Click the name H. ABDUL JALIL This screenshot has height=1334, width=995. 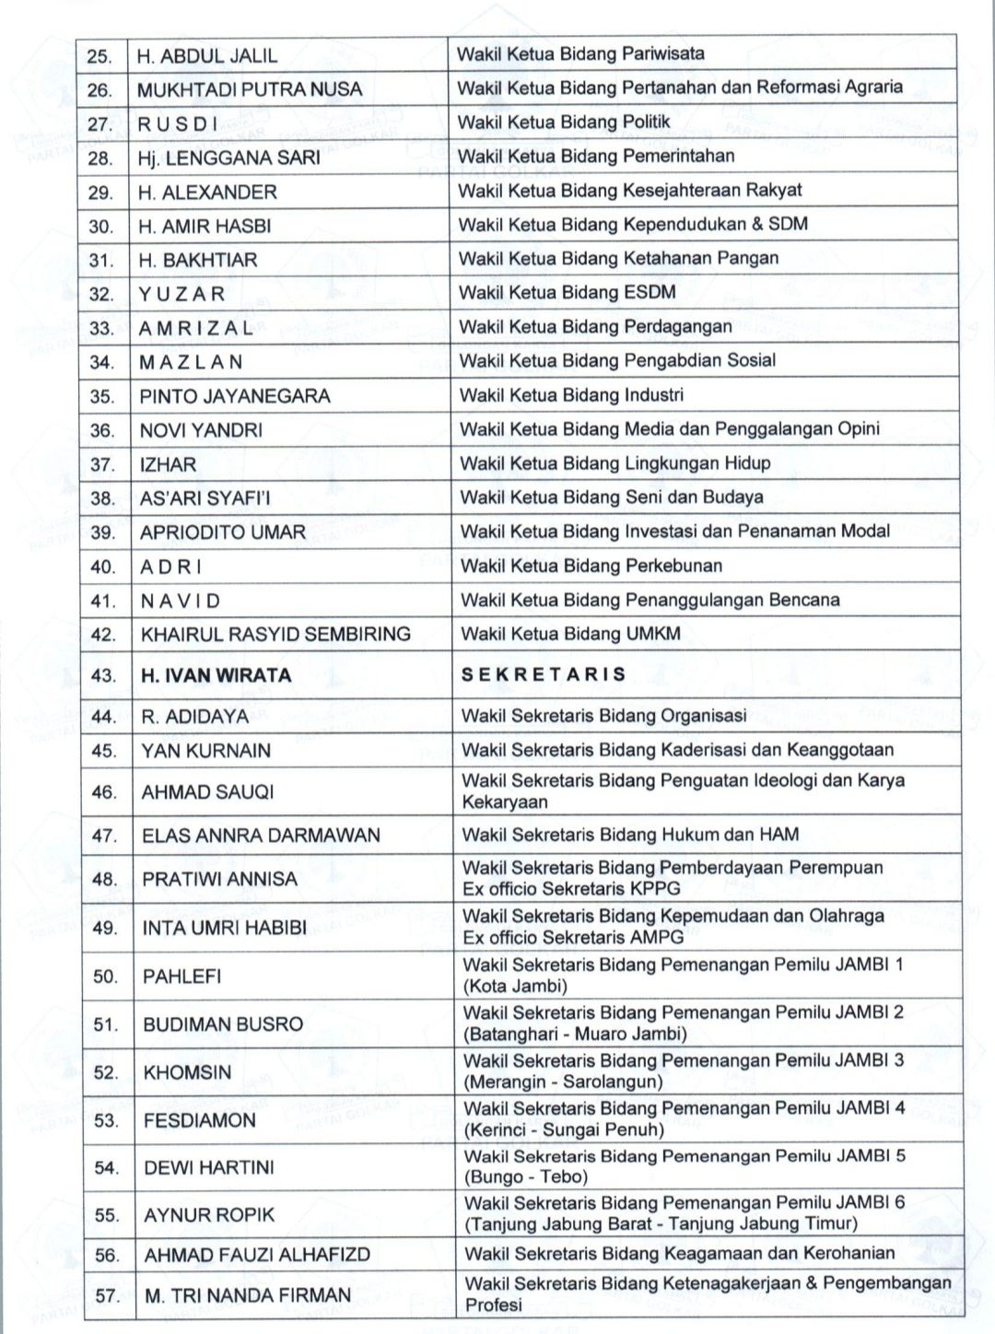tap(206, 55)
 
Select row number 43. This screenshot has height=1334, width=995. tap(102, 675)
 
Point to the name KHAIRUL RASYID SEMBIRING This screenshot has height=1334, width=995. tap(275, 634)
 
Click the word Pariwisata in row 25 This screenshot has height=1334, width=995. tap(663, 53)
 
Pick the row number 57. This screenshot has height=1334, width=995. tap(107, 1295)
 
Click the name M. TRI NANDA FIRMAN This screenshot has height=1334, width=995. tap(248, 1295)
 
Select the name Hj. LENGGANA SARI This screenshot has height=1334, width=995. tap(228, 158)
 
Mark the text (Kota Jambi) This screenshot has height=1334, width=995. tap(515, 987)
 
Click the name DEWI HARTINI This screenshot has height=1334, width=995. tap(209, 1167)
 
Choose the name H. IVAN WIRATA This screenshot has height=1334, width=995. tap(216, 675)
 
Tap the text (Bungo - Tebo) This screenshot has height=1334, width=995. tap(525, 1177)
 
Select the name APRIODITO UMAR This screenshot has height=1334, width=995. tap(222, 532)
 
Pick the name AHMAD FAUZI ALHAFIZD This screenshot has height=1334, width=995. tap(257, 1255)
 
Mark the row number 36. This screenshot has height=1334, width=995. tap(102, 430)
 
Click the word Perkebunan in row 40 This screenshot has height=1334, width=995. tap(673, 566)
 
